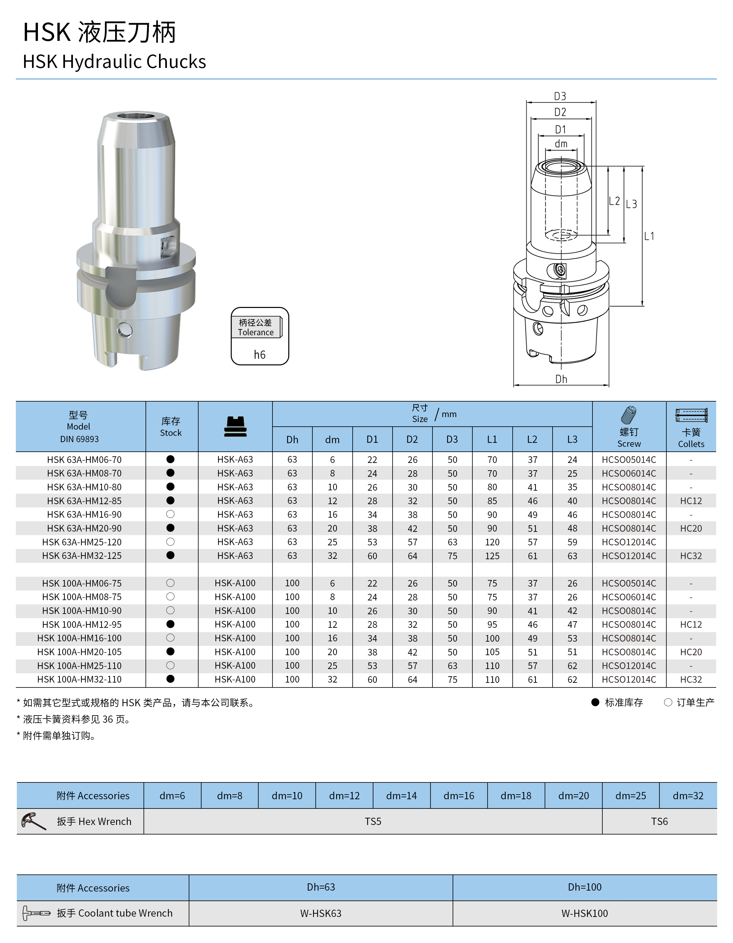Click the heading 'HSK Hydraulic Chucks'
(x=114, y=62)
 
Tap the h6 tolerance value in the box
(x=260, y=354)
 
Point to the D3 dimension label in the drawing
(x=560, y=96)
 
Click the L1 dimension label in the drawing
(x=649, y=236)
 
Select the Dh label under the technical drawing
(x=561, y=379)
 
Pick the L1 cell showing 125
(x=492, y=556)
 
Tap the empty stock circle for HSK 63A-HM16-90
(x=171, y=514)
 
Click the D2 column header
(x=412, y=439)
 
